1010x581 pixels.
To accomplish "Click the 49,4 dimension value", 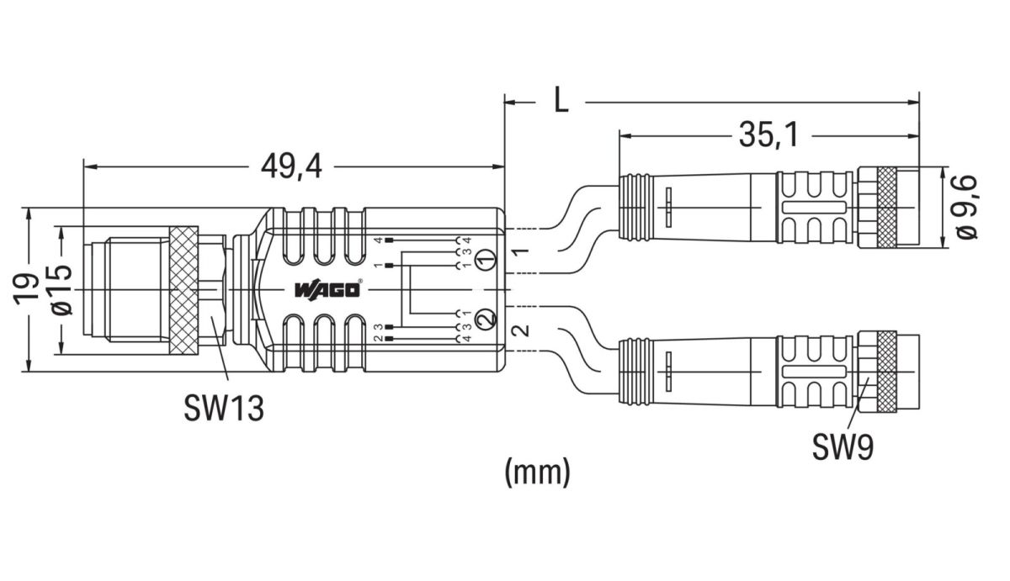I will (291, 167).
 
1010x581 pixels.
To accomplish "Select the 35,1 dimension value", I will (769, 134).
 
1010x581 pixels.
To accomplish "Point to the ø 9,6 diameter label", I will (966, 206).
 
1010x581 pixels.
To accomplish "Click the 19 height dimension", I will (28, 288).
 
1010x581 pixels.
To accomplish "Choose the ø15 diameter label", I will (61, 289).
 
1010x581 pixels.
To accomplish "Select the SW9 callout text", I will (843, 446).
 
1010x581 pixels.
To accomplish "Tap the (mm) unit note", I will (537, 472).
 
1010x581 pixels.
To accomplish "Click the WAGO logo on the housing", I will (328, 290).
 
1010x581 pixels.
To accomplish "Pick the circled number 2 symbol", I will (483, 319).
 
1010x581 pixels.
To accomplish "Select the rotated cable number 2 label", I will (521, 330).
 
